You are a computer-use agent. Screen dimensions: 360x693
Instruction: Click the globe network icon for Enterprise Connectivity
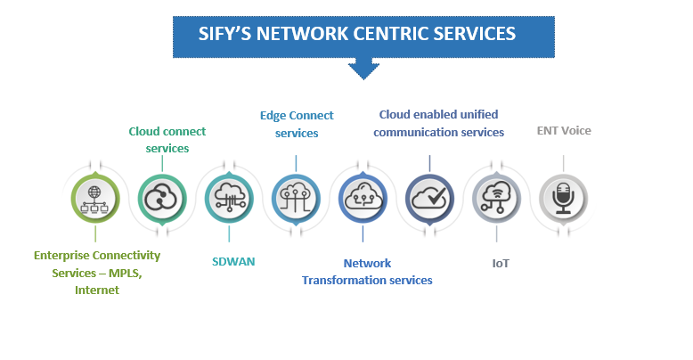click(x=93, y=197)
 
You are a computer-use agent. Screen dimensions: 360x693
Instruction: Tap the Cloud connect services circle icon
click(x=161, y=197)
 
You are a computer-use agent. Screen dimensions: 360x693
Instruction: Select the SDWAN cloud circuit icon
click(x=228, y=197)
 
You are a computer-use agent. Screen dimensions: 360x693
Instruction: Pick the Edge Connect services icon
click(x=296, y=197)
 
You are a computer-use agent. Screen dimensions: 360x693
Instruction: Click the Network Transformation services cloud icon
click(x=363, y=197)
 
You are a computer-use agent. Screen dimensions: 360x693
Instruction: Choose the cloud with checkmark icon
click(x=429, y=197)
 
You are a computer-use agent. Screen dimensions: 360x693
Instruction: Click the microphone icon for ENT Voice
click(x=563, y=197)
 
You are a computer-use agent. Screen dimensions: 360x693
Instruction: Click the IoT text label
click(x=500, y=264)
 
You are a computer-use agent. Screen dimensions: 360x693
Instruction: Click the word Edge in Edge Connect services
click(x=273, y=116)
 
